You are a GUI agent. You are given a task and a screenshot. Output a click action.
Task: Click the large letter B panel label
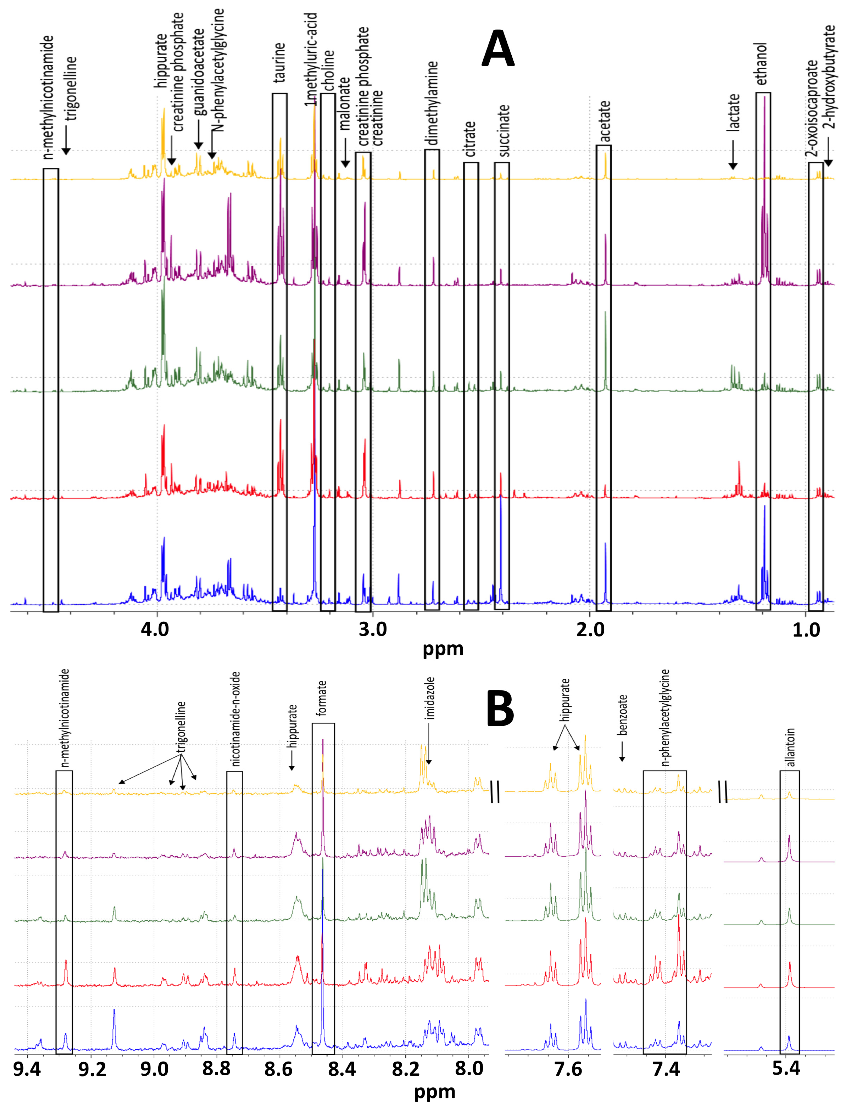(500, 709)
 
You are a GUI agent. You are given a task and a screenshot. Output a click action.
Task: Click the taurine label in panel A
(279, 62)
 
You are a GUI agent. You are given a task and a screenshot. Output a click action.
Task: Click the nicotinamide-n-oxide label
(235, 719)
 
